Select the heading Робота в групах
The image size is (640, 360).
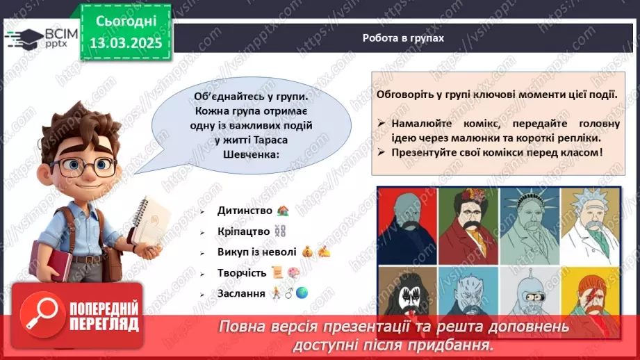(x=402, y=38)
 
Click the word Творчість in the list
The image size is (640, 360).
(x=241, y=272)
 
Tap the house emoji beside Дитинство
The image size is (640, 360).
(x=283, y=211)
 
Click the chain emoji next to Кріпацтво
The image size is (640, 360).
(x=281, y=231)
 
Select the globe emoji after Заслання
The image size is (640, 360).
(x=302, y=293)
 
